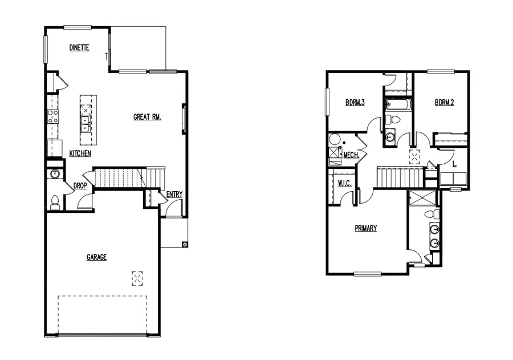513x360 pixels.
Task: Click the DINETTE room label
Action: click(79, 48)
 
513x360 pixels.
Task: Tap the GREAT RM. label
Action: click(147, 117)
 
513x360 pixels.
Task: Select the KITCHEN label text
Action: click(80, 153)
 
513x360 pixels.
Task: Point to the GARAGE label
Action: click(96, 257)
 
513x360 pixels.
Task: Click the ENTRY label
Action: click(174, 195)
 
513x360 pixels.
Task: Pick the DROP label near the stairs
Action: click(79, 186)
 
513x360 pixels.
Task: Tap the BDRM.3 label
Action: click(355, 103)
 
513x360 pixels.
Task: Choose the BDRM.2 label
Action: click(444, 103)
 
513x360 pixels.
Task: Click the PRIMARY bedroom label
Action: click(366, 228)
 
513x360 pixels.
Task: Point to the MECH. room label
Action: click(351, 155)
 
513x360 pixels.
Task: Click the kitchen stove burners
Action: click(52, 117)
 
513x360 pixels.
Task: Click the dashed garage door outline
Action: click(103, 314)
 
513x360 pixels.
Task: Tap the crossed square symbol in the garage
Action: click(137, 278)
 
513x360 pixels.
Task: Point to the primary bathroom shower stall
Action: click(422, 198)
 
